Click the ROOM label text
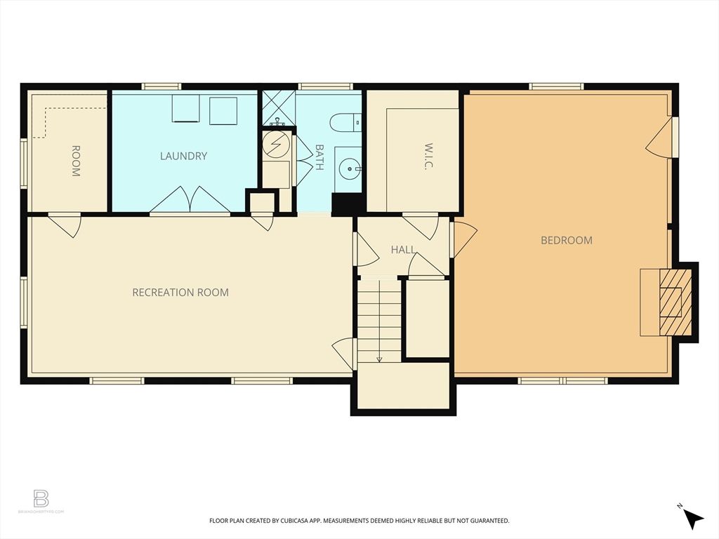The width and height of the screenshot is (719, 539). (x=75, y=161)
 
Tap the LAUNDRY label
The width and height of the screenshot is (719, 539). (x=183, y=156)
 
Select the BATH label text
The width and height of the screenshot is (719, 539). (x=319, y=158)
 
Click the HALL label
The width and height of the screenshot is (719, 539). (x=403, y=249)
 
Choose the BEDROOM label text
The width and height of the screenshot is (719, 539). (x=566, y=240)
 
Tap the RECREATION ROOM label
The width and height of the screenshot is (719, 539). (x=180, y=292)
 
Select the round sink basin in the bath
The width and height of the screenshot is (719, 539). (x=349, y=168)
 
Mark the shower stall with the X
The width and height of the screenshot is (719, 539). (x=278, y=107)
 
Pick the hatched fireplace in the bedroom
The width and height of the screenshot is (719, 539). (x=673, y=302)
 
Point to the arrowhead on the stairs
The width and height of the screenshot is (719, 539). (x=379, y=359)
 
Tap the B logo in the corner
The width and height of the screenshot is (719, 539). (x=41, y=499)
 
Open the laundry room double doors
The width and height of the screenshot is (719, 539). (x=190, y=200)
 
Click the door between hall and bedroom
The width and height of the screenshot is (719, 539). (x=463, y=239)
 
